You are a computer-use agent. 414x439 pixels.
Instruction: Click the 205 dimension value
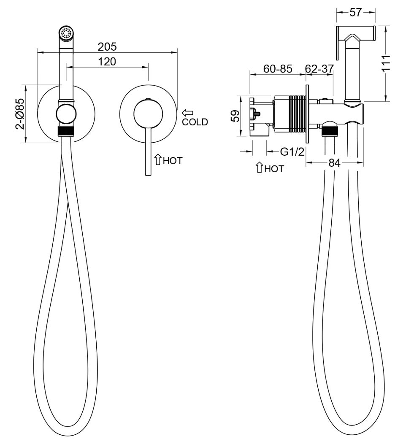coord(107,47)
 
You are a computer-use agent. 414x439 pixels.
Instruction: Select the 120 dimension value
coord(107,62)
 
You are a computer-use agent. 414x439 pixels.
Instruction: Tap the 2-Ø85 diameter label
coord(20,114)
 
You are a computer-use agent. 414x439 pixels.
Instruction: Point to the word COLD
coord(195,122)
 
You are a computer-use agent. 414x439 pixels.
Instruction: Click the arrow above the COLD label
coord(187,113)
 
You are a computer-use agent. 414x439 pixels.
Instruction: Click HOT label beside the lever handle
coord(173,161)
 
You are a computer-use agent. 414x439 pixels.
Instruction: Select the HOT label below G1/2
coord(274,169)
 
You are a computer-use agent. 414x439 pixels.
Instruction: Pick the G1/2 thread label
coord(292,152)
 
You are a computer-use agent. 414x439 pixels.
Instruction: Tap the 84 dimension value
coord(335,163)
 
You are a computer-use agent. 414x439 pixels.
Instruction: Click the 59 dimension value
coord(235,116)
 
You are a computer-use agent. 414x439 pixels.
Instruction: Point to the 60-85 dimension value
coord(278,68)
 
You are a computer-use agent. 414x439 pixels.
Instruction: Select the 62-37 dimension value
coord(319,68)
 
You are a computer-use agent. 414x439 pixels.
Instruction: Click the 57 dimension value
coord(355,13)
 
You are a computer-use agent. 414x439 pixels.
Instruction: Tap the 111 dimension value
coord(386,63)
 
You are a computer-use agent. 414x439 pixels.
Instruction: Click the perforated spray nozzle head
coord(66,33)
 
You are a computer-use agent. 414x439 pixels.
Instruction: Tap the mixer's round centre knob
coord(148,113)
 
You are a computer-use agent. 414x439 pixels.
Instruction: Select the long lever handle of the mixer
coord(148,152)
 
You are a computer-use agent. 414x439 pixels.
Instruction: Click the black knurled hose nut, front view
coord(66,131)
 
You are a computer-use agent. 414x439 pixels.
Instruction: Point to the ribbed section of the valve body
coord(297,114)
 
